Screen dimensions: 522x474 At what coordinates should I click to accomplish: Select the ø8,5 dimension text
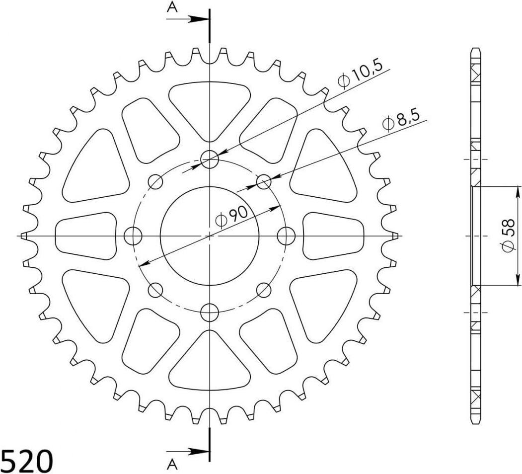pyautogui.click(x=401, y=121)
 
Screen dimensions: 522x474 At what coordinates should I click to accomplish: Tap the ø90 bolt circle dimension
pyautogui.click(x=232, y=217)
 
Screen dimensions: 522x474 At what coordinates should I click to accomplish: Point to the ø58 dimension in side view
pyautogui.click(x=509, y=236)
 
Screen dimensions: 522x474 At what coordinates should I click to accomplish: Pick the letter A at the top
pyautogui.click(x=172, y=7)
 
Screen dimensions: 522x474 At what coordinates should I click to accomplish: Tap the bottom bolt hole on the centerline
pyautogui.click(x=210, y=312)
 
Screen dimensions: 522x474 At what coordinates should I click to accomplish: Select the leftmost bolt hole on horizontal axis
pyautogui.click(x=133, y=236)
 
